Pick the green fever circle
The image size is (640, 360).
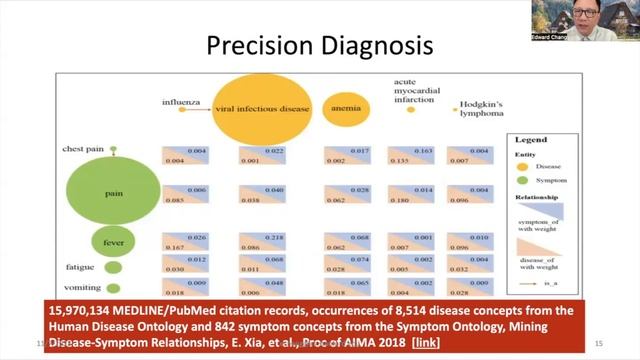pos(112,240)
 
